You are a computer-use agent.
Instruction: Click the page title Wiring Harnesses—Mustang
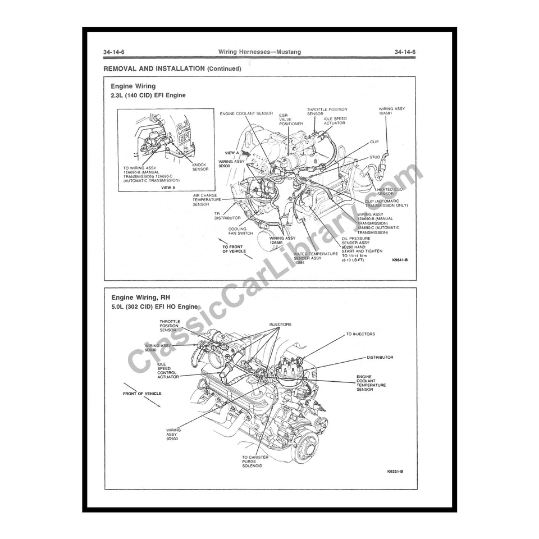pos(259,52)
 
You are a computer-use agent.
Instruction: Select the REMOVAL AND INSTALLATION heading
pos(172,68)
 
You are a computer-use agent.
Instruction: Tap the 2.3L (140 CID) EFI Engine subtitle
pos(148,95)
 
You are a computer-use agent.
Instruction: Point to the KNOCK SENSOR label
pos(199,167)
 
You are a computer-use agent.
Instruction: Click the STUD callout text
pos(374,157)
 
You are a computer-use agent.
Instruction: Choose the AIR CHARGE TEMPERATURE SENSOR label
pos(207,200)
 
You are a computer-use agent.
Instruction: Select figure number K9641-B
pos(400,260)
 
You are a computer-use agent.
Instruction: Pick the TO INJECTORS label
pos(360,334)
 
